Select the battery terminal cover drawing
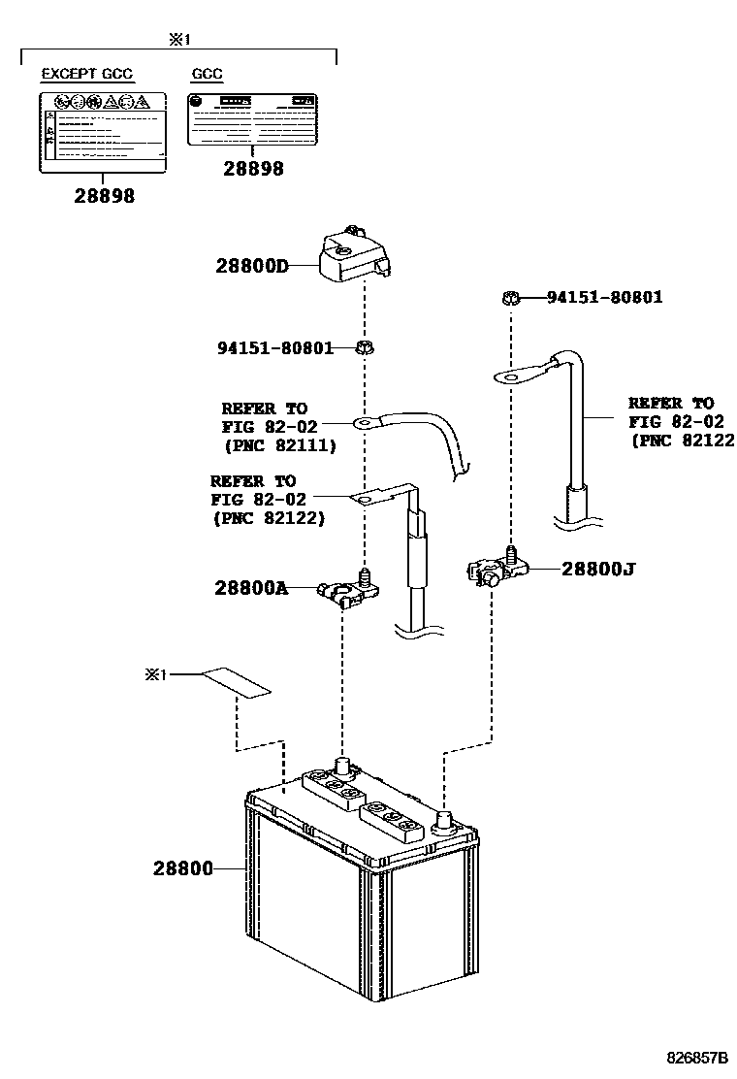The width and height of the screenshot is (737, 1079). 354,255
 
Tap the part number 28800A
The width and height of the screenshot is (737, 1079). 252,587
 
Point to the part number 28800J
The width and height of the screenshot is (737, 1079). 598,569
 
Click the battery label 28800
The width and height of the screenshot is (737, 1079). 182,867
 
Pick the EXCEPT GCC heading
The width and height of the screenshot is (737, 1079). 87,74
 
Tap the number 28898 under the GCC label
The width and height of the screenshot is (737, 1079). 253,169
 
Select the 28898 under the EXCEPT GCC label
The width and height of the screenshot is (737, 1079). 104,196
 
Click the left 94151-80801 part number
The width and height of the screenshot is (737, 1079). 276,346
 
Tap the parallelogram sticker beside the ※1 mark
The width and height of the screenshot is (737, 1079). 235,682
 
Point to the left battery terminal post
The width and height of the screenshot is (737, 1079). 342,765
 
